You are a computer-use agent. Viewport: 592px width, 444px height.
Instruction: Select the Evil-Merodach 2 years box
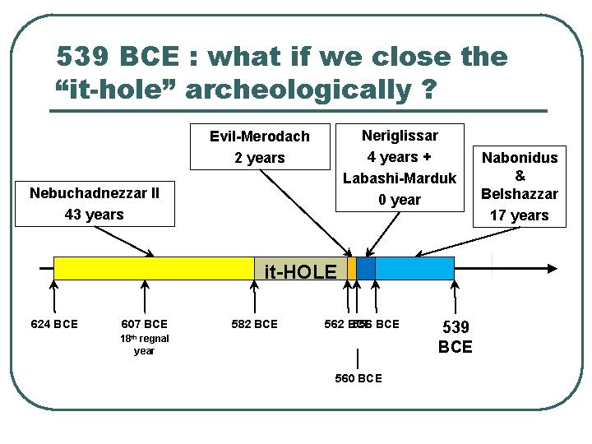click(x=260, y=146)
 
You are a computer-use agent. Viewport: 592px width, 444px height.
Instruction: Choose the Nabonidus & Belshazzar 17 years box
click(x=520, y=186)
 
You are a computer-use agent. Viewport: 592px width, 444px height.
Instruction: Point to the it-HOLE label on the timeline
click(x=300, y=272)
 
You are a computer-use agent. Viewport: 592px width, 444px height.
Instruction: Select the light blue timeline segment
click(x=414, y=268)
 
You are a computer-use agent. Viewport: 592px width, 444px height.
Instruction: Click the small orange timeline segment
click(x=352, y=268)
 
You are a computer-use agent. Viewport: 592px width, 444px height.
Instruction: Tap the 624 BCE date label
click(x=54, y=324)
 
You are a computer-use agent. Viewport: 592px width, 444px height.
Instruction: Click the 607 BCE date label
click(x=144, y=324)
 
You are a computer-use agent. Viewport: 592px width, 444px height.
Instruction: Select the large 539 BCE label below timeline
click(x=455, y=336)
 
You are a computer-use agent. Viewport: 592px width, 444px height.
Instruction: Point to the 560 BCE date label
click(x=358, y=378)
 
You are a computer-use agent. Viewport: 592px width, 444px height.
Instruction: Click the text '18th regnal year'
click(x=144, y=345)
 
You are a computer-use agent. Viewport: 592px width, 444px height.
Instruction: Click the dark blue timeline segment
click(x=366, y=268)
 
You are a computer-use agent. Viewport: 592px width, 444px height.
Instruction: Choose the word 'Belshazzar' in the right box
click(x=520, y=195)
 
